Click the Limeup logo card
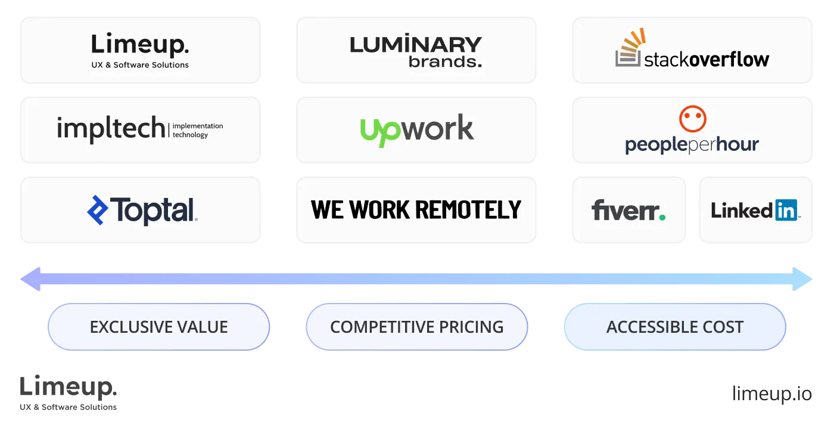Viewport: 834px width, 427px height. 140,50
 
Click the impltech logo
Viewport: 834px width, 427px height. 140,129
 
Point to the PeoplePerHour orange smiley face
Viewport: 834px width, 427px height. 693,119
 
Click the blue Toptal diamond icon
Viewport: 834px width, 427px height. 98,211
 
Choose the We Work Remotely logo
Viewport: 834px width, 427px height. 416,210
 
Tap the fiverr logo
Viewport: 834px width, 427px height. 628,211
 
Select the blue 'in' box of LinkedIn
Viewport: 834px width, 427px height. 786,211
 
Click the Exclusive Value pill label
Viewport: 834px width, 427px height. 158,327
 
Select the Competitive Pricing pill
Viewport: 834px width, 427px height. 416,327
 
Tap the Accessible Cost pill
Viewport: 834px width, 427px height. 674,327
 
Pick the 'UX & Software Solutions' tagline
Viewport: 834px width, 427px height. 140,64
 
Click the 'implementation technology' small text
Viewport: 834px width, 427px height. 198,130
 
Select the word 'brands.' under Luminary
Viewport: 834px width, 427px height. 445,61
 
